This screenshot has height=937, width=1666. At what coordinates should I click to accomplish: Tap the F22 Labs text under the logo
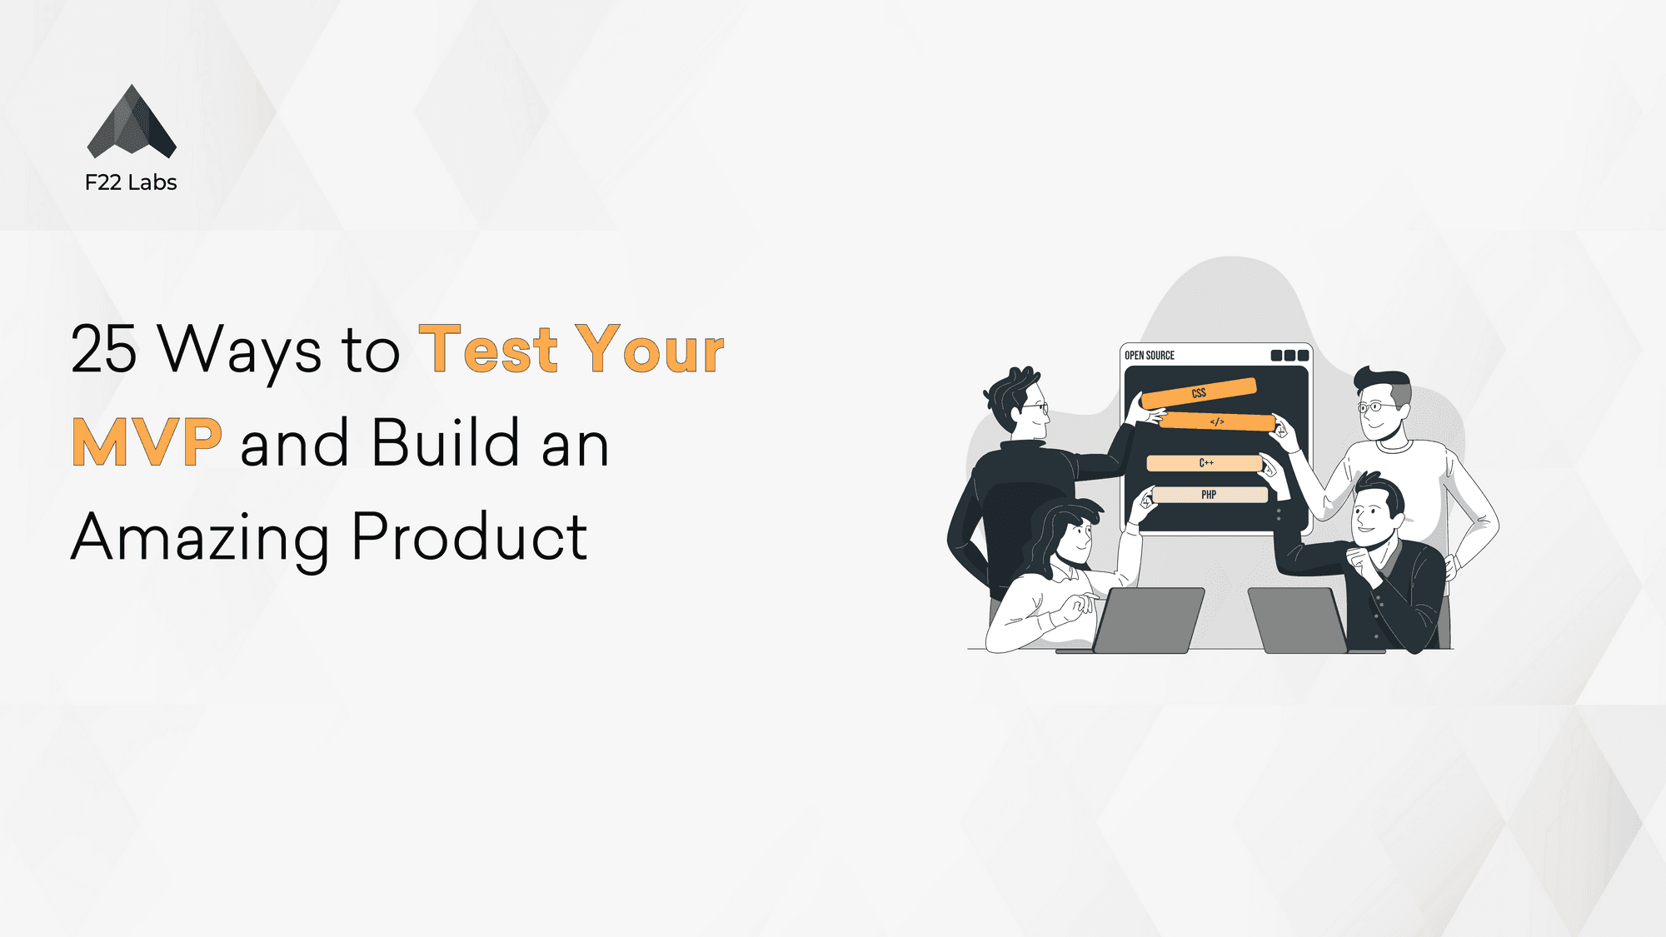point(131,182)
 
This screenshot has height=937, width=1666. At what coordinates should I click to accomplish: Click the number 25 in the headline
point(103,349)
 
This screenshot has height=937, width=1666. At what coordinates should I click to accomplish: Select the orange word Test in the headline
point(488,349)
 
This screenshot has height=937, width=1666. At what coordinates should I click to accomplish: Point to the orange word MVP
point(147,443)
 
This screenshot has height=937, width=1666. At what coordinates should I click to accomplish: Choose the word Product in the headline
point(470,536)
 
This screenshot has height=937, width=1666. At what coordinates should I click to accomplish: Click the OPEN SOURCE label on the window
point(1150,356)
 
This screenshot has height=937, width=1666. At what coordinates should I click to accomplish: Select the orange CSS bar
point(1199,393)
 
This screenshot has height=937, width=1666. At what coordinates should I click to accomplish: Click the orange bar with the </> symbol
point(1217,422)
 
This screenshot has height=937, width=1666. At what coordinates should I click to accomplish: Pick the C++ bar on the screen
point(1205,463)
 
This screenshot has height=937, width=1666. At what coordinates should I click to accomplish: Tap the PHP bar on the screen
point(1210,495)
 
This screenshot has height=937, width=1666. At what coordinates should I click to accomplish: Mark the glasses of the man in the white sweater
point(1377,407)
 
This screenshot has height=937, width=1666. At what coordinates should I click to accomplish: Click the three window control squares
point(1289,356)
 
